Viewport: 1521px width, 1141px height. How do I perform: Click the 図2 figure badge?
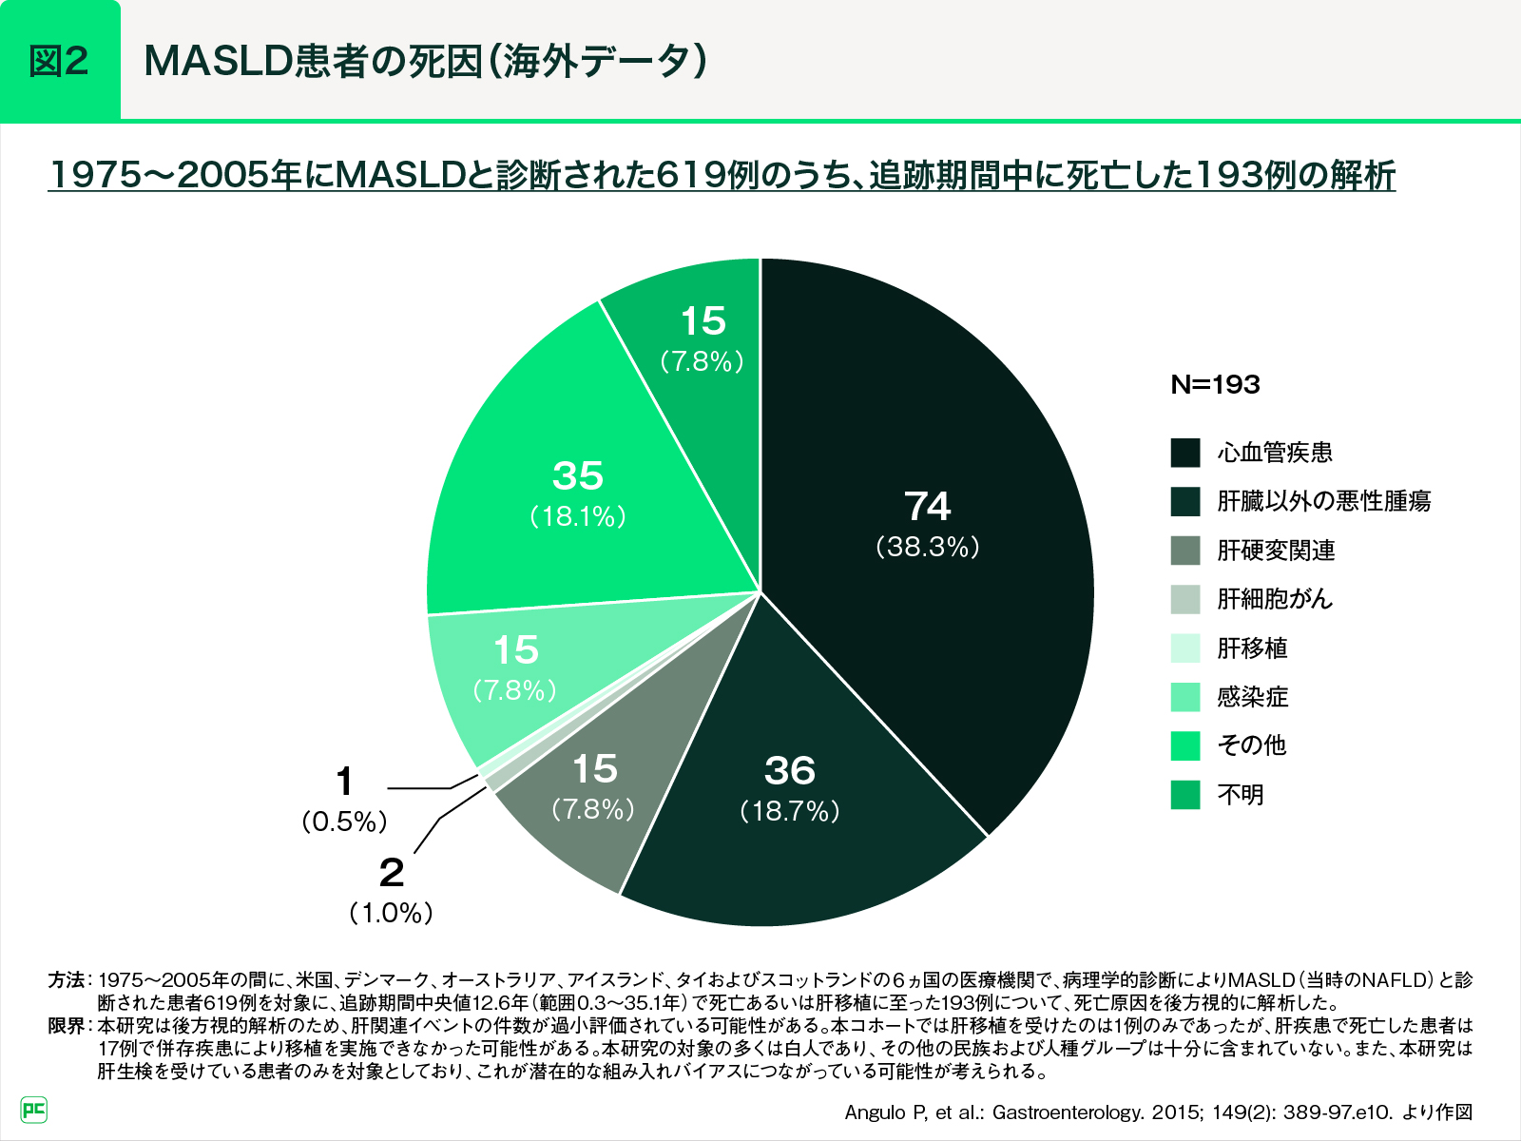click(x=60, y=61)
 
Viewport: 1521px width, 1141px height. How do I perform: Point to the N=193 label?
click(x=1215, y=385)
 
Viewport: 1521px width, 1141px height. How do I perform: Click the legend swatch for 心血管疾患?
click(x=1185, y=453)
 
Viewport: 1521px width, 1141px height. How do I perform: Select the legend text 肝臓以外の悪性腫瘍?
click(x=1323, y=501)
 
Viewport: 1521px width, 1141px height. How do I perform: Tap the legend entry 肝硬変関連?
click(x=1276, y=551)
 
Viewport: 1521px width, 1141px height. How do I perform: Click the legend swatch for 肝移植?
click(x=1185, y=648)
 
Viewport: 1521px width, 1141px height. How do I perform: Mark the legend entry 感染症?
click(x=1252, y=697)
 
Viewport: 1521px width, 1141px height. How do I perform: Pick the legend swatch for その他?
click(x=1185, y=745)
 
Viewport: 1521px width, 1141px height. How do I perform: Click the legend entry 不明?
click(x=1241, y=795)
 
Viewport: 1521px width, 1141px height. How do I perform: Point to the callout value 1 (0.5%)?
click(x=344, y=799)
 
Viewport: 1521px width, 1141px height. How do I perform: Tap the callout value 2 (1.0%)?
click(x=391, y=890)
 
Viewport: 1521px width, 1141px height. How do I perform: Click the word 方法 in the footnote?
click(x=66, y=979)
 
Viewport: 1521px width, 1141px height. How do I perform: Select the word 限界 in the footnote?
click(x=66, y=1026)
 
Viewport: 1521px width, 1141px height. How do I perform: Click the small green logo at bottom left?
click(x=34, y=1109)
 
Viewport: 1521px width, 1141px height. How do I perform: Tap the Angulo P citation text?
click(x=1158, y=1112)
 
